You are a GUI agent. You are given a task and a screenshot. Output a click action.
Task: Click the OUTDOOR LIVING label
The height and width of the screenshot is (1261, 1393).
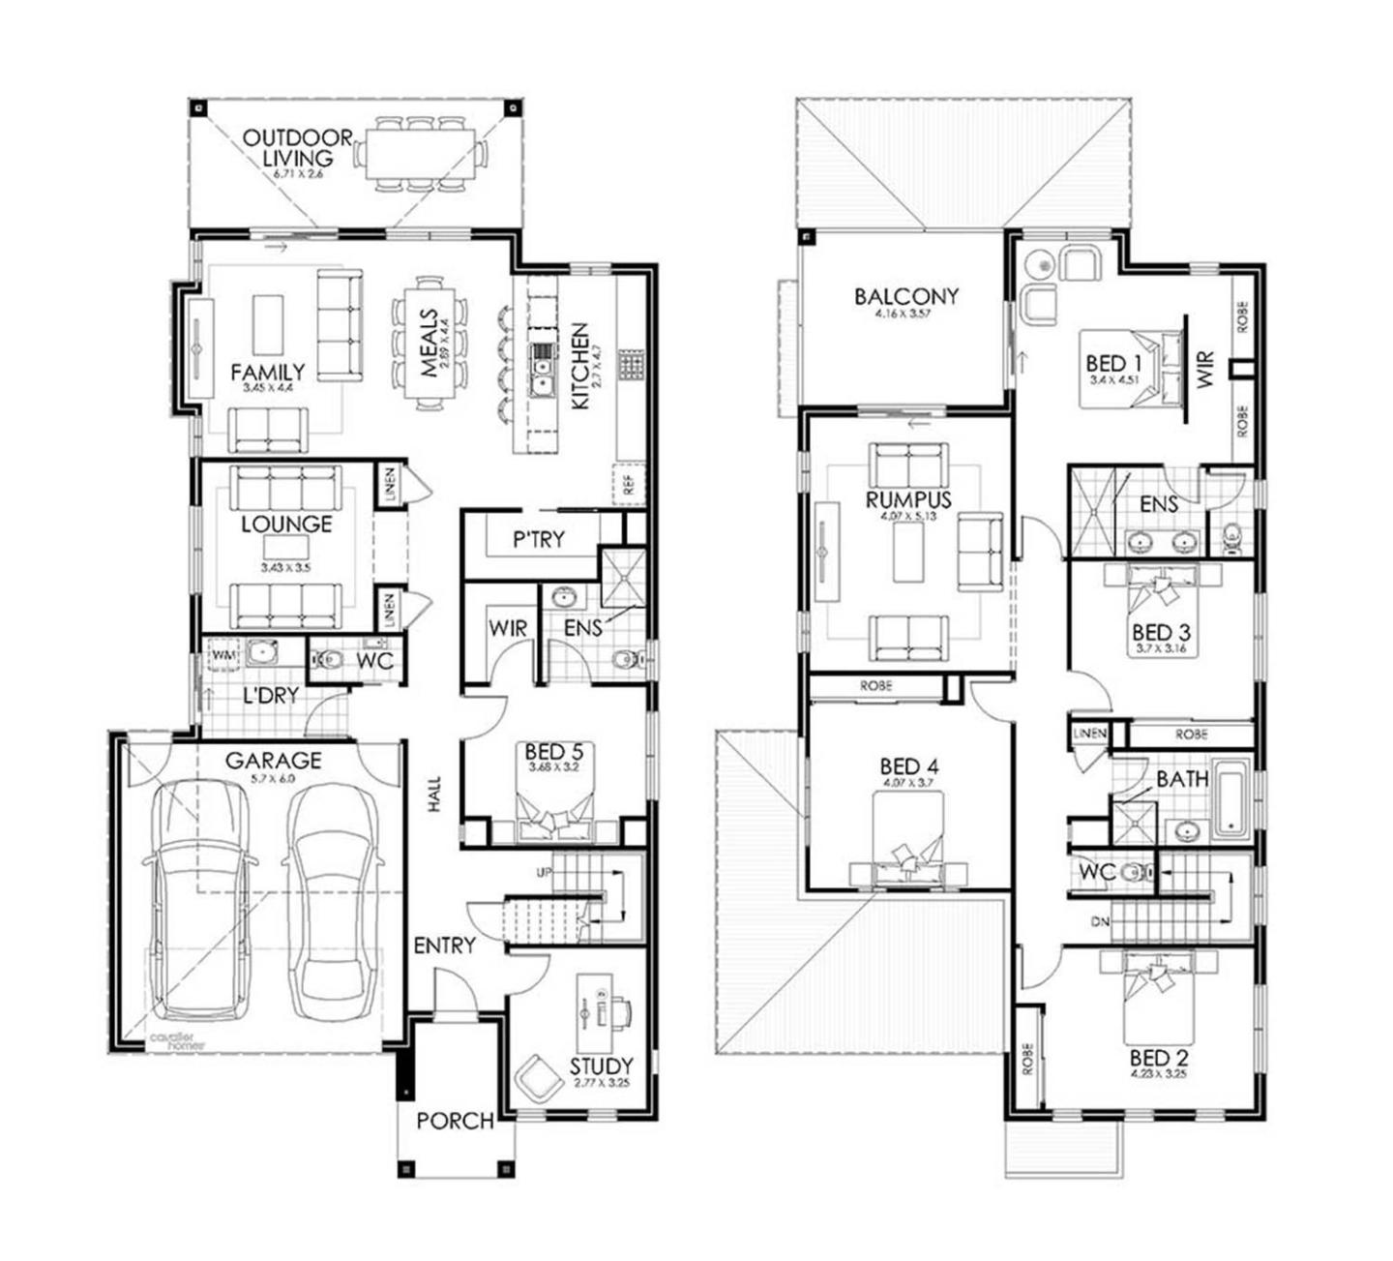click(x=297, y=148)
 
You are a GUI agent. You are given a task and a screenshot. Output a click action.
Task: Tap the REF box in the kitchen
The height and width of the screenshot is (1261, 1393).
click(x=630, y=484)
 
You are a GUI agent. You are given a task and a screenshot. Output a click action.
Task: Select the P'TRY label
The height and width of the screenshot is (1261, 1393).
click(x=539, y=540)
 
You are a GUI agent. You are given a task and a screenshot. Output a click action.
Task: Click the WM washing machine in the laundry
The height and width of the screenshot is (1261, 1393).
click(x=223, y=655)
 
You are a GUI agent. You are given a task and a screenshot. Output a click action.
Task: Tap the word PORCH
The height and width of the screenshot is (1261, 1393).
click(x=455, y=1121)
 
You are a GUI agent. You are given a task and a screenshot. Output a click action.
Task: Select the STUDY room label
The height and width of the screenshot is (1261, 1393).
click(x=601, y=1066)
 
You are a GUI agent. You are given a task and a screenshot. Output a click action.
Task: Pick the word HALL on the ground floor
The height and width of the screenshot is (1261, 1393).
click(x=434, y=794)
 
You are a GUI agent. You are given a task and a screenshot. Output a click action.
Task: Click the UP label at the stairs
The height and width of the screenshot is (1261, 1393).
click(x=545, y=873)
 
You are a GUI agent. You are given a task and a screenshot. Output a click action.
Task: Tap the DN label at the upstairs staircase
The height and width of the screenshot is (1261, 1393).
click(x=1100, y=922)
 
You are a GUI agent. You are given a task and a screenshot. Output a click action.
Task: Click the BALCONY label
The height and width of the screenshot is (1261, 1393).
click(x=905, y=296)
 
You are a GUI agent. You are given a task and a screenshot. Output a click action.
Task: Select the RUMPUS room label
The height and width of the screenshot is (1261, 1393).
click(x=908, y=500)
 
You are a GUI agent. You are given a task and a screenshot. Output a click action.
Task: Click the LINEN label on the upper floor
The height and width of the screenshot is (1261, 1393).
click(x=1089, y=734)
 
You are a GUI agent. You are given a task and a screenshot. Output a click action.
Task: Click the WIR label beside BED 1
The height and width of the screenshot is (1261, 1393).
click(x=1204, y=371)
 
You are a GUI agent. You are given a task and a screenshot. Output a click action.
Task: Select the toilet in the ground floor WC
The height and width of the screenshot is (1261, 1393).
click(x=329, y=660)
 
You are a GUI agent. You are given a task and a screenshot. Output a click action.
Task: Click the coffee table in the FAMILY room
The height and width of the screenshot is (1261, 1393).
click(x=268, y=325)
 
